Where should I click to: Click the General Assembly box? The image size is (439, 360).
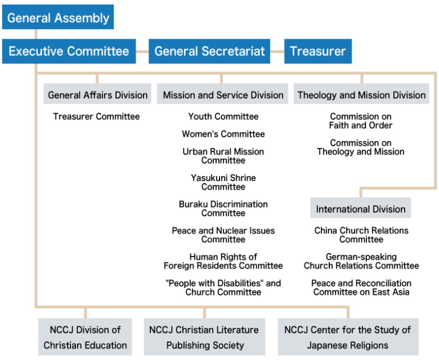(x=58, y=17)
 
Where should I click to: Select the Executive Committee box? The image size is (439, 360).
(x=69, y=51)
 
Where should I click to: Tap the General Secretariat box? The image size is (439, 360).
(x=209, y=51)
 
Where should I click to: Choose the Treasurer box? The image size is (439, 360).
(x=318, y=51)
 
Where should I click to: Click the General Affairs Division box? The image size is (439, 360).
(x=97, y=95)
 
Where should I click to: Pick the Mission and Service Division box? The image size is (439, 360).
(x=223, y=95)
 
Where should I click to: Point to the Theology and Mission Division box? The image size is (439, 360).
(x=362, y=95)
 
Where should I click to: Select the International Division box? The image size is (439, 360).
(x=361, y=209)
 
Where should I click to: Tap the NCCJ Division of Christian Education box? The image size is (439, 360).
(x=85, y=337)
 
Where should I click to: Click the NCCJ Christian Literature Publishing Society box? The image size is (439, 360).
(x=204, y=337)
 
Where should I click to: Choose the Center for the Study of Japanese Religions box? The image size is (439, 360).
(x=348, y=337)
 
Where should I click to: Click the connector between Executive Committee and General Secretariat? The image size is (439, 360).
(x=142, y=51)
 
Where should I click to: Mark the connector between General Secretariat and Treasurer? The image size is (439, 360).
(x=277, y=51)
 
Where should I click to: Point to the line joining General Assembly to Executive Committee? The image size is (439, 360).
(x=36, y=34)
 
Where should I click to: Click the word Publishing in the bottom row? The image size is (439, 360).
(x=186, y=345)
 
